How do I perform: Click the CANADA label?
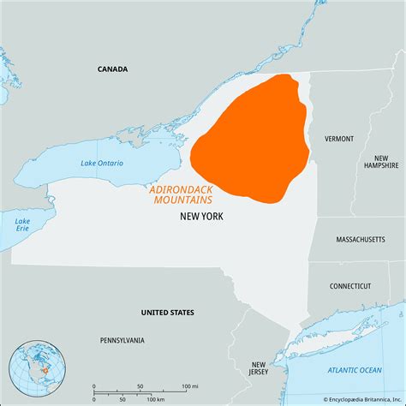112,69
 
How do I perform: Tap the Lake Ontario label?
102,163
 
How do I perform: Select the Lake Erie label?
22,225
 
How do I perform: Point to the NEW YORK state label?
201,217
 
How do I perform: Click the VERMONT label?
339,138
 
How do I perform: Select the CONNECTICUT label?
350,286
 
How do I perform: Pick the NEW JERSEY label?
259,368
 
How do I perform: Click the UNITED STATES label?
167,312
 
